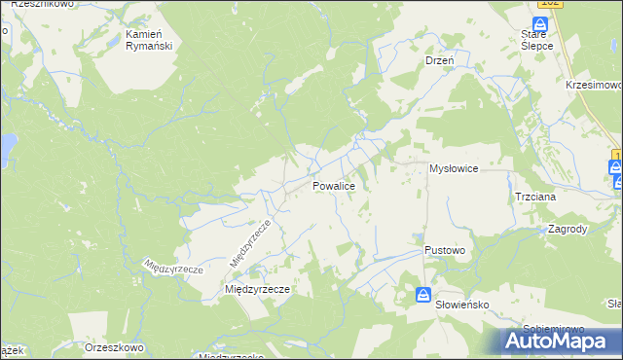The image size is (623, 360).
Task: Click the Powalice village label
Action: click(x=339, y=185)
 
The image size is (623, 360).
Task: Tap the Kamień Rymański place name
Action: click(x=149, y=39)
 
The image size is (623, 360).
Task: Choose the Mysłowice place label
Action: click(x=454, y=168)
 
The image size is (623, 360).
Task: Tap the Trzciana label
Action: click(x=535, y=196)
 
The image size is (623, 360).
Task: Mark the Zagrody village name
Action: click(x=568, y=230)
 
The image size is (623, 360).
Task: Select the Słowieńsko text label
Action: click(x=461, y=304)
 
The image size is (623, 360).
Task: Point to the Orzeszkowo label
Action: click(x=114, y=347)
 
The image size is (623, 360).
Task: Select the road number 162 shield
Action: click(x=550, y=4)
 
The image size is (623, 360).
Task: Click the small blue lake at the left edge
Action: click(x=6, y=147)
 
